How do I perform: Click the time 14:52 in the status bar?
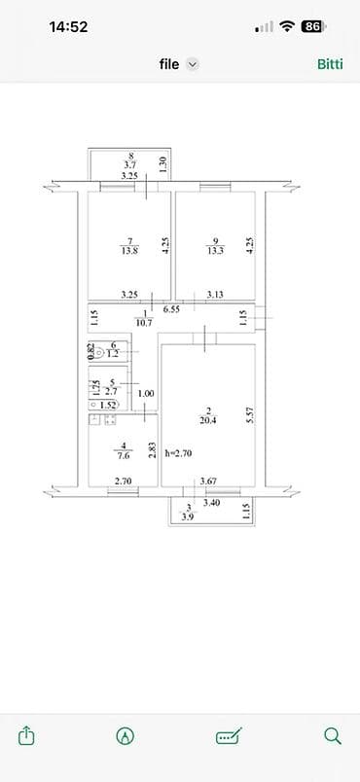click(68, 27)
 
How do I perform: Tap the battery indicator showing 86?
click(312, 27)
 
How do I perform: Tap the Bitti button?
click(330, 64)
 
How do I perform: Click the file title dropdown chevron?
click(193, 64)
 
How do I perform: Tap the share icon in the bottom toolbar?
click(27, 735)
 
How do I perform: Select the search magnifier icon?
click(332, 735)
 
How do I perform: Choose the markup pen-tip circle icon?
click(125, 735)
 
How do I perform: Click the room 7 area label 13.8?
click(129, 250)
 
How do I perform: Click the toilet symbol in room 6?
click(99, 352)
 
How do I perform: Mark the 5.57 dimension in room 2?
click(249, 415)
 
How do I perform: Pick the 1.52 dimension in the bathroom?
click(109, 405)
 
